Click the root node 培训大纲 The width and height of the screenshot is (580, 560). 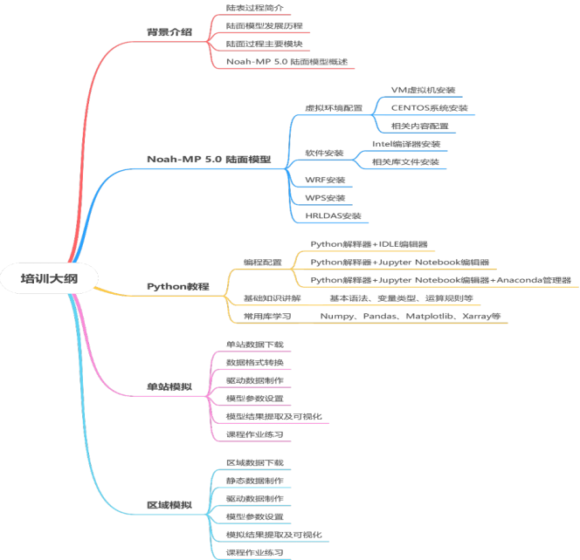[x=50, y=278]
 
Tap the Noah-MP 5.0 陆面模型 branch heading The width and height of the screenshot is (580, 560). [x=208, y=160]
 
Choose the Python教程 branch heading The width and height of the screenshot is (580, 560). [x=177, y=286]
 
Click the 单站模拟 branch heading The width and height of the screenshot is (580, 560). [x=169, y=386]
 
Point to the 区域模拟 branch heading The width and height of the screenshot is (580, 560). [x=169, y=506]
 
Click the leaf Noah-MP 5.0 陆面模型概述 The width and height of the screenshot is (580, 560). [x=286, y=61]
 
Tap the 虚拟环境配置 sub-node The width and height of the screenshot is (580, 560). [x=333, y=108]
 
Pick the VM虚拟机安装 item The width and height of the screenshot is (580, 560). [x=423, y=90]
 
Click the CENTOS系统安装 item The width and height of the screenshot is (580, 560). [x=429, y=108]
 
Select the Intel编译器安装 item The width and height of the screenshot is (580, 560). [x=406, y=144]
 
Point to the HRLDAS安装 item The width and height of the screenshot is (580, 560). [x=333, y=215]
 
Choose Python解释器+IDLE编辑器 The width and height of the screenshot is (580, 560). [x=375, y=244]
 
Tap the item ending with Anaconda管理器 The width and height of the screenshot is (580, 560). [x=440, y=280]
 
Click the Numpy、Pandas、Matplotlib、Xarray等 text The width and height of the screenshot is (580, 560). [x=410, y=316]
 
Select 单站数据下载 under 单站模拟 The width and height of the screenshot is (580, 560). [x=254, y=345]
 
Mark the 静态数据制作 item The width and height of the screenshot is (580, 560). [x=254, y=481]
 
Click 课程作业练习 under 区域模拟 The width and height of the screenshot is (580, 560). [x=254, y=552]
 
